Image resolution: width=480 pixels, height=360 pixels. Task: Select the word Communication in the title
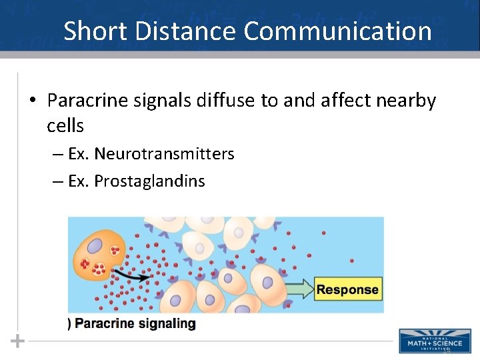338,31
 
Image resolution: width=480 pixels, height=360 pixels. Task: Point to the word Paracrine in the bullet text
85,101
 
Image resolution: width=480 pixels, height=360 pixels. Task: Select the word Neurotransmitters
164,154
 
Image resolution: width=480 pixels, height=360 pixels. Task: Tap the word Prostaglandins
149,181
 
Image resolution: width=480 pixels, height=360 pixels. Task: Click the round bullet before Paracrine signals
32,101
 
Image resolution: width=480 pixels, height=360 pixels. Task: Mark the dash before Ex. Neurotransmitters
58,155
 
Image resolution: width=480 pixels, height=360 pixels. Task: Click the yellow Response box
347,289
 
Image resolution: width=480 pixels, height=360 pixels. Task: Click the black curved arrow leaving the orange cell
129,273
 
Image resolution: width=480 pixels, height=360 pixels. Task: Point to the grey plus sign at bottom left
18,341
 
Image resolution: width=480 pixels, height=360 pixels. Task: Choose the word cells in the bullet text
65,125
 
